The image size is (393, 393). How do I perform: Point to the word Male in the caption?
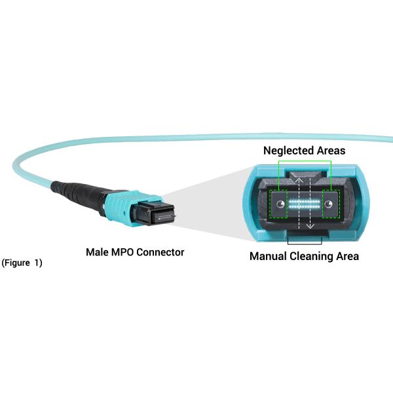(x=98, y=252)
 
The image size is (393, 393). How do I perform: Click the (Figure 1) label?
(x=22, y=263)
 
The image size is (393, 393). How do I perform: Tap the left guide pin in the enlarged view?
(x=280, y=204)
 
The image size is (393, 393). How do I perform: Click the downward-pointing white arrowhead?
(x=312, y=227)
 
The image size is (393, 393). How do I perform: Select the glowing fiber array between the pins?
(x=304, y=204)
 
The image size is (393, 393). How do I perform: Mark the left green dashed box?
(x=279, y=204)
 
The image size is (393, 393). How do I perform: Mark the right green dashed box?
(x=330, y=204)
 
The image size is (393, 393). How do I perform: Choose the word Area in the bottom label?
(x=346, y=256)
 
